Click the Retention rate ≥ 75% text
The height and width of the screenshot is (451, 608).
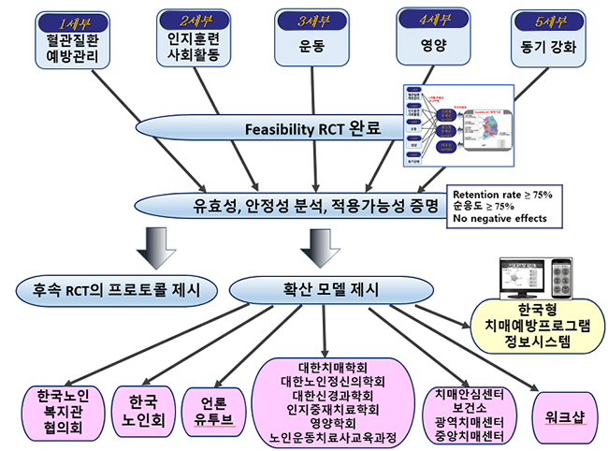(x=502, y=194)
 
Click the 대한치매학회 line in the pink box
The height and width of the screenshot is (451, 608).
(x=325, y=368)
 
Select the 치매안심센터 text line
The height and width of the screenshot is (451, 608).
(x=470, y=394)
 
